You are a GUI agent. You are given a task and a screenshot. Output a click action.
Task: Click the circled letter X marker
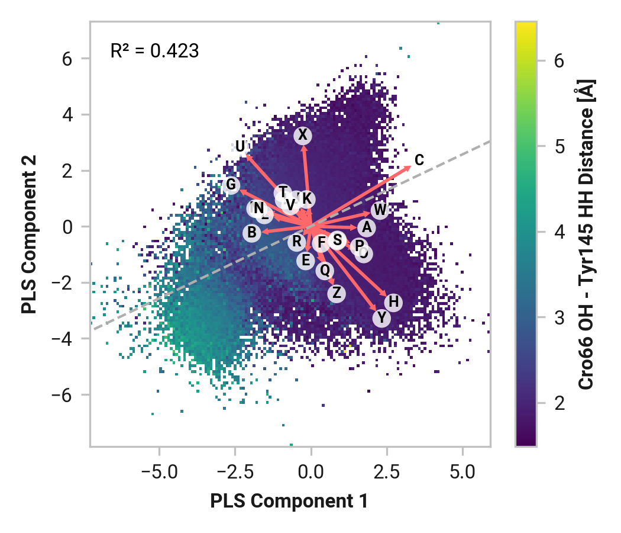coord(303,136)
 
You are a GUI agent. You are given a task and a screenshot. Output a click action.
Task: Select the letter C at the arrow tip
coord(419,160)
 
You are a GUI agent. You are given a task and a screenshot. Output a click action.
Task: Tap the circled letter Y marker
coord(382,318)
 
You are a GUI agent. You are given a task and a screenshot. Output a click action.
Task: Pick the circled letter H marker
coord(394,303)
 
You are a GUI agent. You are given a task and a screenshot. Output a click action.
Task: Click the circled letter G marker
coord(231,185)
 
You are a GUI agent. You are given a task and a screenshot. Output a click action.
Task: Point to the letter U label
coord(240,146)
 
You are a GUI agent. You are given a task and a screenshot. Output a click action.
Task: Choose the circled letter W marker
coord(380,210)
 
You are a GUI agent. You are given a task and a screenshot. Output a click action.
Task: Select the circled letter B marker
coord(252,233)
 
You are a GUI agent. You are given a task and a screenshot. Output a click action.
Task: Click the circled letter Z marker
coord(337,293)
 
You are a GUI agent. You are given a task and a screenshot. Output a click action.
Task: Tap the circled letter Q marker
coord(324,271)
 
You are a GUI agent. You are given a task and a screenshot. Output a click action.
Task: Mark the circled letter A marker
coord(366,227)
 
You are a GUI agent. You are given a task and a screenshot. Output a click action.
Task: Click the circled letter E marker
coord(305,260)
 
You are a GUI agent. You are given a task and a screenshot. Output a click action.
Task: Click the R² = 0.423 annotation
coord(154,52)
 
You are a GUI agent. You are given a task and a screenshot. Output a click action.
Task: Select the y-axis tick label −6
coord(72,395)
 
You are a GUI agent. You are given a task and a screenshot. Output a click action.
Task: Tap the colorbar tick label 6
coord(559,60)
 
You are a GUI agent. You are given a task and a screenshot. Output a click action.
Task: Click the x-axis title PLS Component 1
coord(289,502)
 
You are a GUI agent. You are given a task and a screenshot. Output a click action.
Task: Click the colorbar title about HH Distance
coord(586,234)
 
